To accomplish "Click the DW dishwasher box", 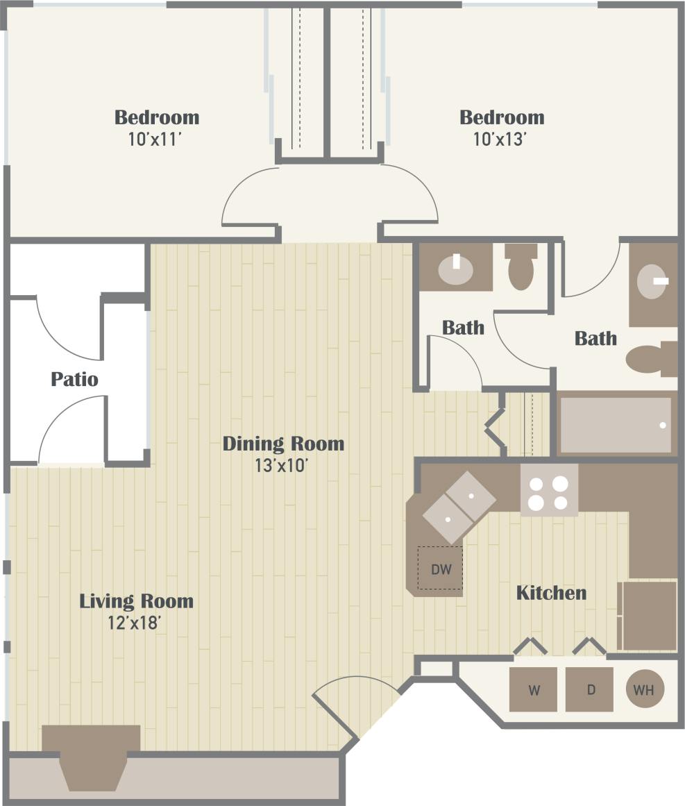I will [440, 569].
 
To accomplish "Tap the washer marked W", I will [533, 689].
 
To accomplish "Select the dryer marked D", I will [589, 689].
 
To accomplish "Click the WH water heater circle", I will [645, 689].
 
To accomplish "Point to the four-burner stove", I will [549, 491].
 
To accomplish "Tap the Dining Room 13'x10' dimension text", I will [282, 466].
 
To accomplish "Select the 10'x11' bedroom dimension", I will [156, 139].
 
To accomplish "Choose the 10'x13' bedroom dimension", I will [501, 139].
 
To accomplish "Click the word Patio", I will [74, 380].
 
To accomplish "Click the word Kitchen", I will [551, 593].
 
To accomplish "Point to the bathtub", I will [616, 424].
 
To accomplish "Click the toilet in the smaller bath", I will [521, 269].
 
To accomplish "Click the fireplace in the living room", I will [92, 757].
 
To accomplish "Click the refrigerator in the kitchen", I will [649, 615].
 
